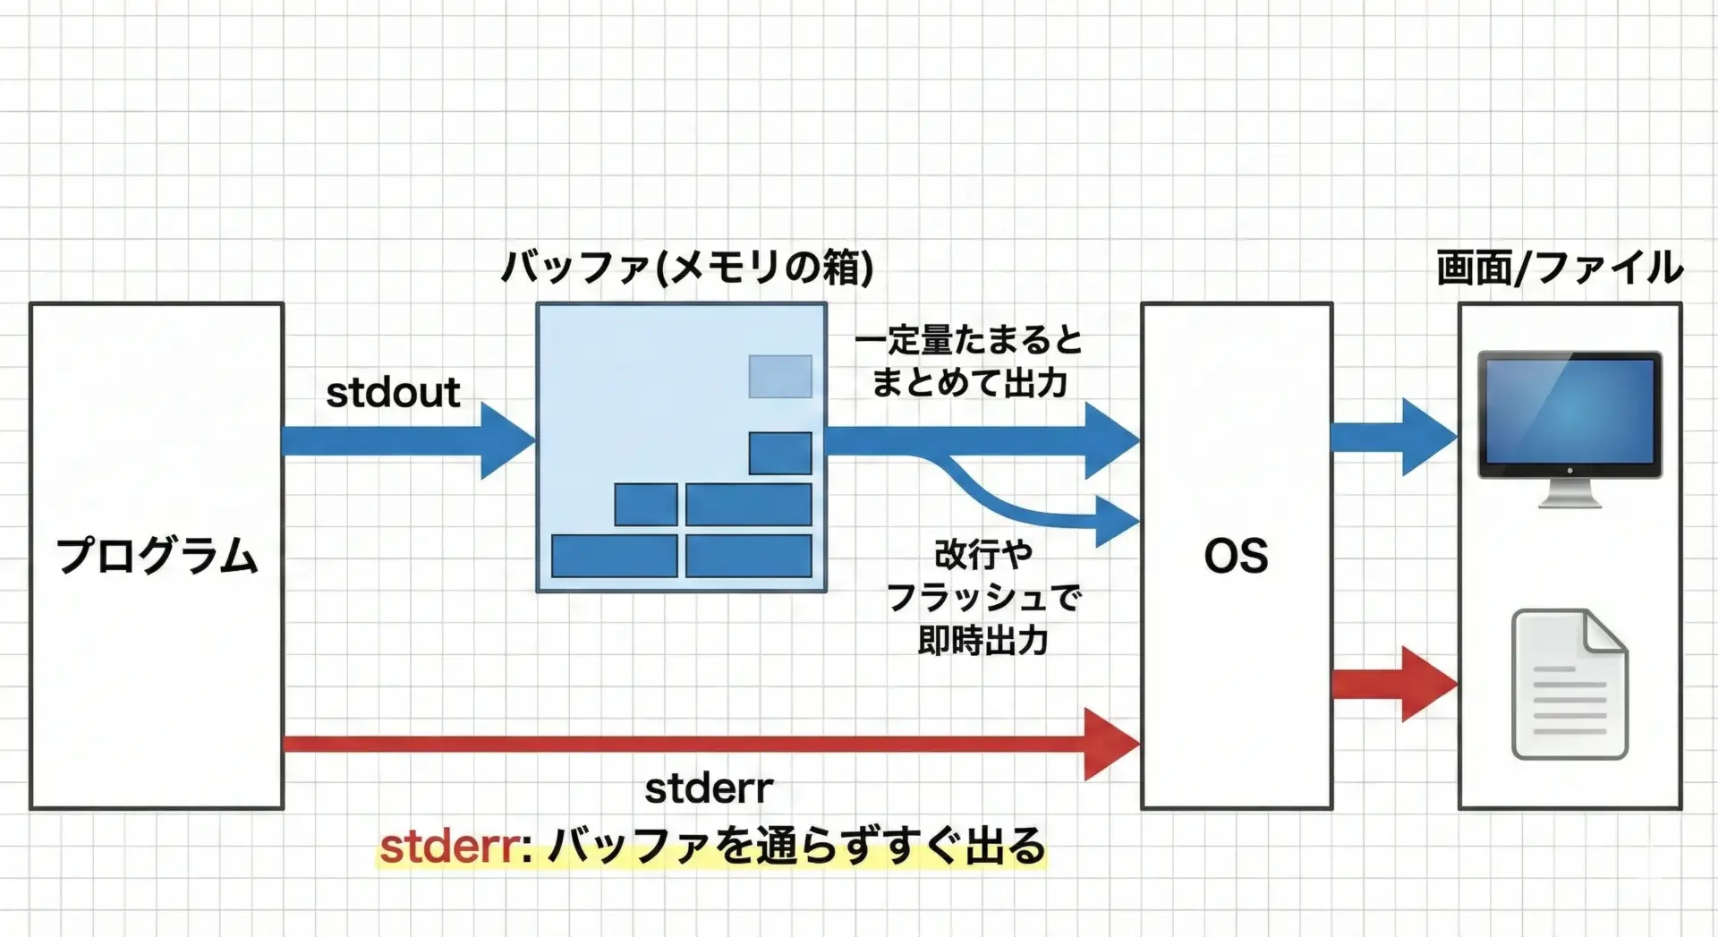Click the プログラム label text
click(x=157, y=556)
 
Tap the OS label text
click(x=1236, y=556)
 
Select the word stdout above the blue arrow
click(x=393, y=393)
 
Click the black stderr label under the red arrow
click(x=709, y=788)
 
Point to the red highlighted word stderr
click(x=450, y=847)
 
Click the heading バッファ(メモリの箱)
click(x=686, y=267)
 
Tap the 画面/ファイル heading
click(x=1560, y=268)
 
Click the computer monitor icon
click(x=1569, y=416)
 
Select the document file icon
click(x=1569, y=685)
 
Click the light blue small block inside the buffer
click(x=780, y=376)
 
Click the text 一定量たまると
click(x=968, y=341)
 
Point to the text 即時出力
click(x=982, y=641)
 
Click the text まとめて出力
click(x=969, y=383)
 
